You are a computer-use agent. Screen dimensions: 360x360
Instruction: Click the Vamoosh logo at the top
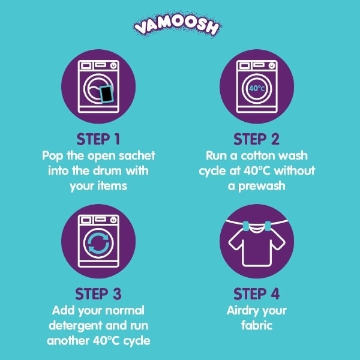177,25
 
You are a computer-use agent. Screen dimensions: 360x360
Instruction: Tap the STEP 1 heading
98,139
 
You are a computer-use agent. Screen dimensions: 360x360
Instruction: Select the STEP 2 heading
256,139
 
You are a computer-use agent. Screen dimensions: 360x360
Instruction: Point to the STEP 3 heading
98,294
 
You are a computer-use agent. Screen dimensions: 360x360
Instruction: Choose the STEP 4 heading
256,294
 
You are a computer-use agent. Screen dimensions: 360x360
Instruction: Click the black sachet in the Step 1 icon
106,94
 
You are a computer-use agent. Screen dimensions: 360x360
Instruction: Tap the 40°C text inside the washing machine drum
257,88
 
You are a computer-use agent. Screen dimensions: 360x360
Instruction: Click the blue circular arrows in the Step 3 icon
98,243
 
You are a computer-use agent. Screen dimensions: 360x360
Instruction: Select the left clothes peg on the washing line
246,226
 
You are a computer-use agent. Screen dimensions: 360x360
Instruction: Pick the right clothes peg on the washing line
268,226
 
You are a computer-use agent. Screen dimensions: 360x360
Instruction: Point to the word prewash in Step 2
262,187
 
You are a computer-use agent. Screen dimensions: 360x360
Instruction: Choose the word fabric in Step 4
257,326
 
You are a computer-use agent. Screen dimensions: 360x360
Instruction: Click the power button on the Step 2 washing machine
272,66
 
